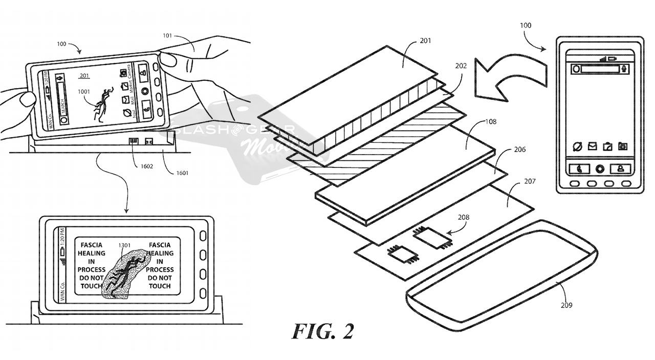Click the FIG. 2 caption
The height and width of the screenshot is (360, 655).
pos(322,331)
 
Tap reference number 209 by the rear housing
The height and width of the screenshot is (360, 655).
pos(566,305)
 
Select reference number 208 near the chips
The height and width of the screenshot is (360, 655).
pos(463,217)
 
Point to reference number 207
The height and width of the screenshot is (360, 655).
pos(530,181)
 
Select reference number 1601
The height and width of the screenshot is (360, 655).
pos(182,173)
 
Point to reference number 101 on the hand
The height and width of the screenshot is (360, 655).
pos(167,36)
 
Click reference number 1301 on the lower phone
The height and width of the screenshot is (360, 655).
pos(124,245)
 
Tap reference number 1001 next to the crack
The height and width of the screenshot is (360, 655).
pos(84,92)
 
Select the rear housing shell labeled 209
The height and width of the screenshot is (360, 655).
pos(501,277)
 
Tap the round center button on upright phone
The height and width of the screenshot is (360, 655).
pos(600,168)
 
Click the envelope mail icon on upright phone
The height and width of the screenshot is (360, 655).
pos(592,146)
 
